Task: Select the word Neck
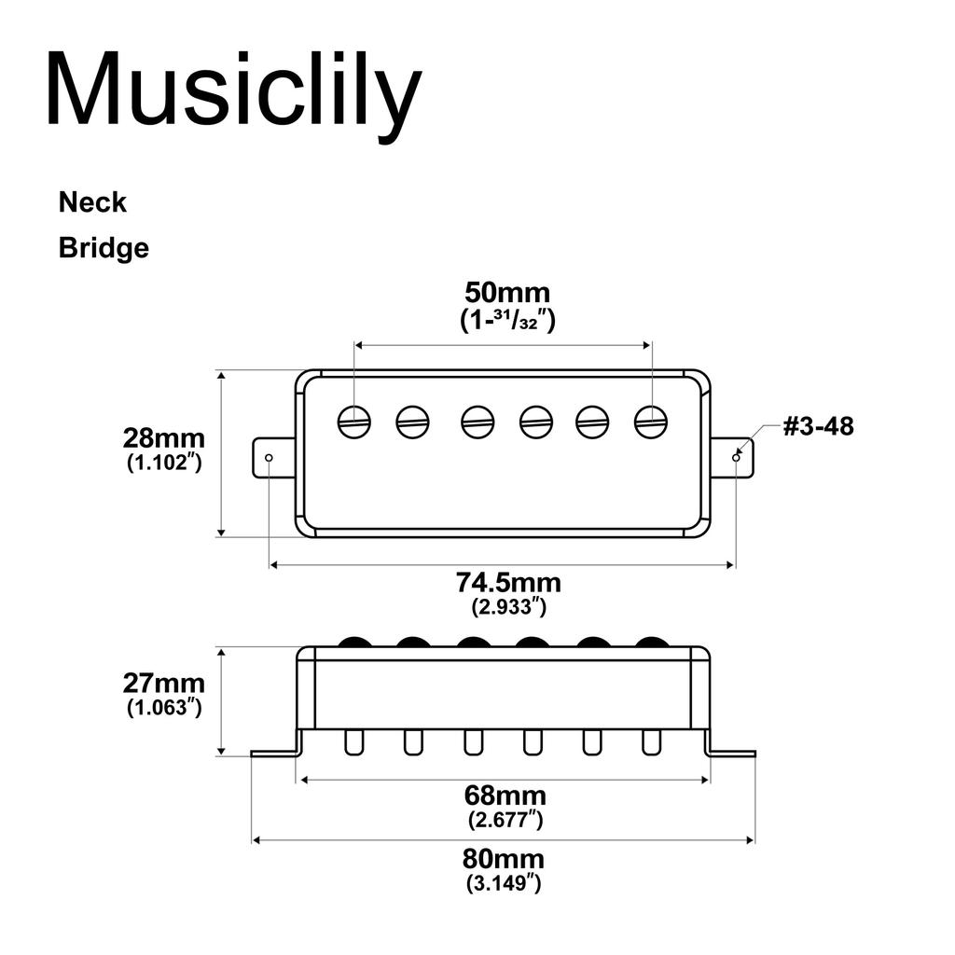92,201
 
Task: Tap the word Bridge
104,248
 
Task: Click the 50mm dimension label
508,293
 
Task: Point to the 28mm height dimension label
164,438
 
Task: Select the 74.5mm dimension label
508,583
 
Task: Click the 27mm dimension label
164,683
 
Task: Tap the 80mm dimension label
504,858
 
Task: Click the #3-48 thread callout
817,427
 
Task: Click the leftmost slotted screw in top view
354,422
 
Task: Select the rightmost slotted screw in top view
651,422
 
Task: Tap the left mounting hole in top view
270,458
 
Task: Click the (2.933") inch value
508,607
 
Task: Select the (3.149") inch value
504,882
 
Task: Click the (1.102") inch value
164,463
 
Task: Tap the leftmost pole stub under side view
354,742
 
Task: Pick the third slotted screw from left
477,422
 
